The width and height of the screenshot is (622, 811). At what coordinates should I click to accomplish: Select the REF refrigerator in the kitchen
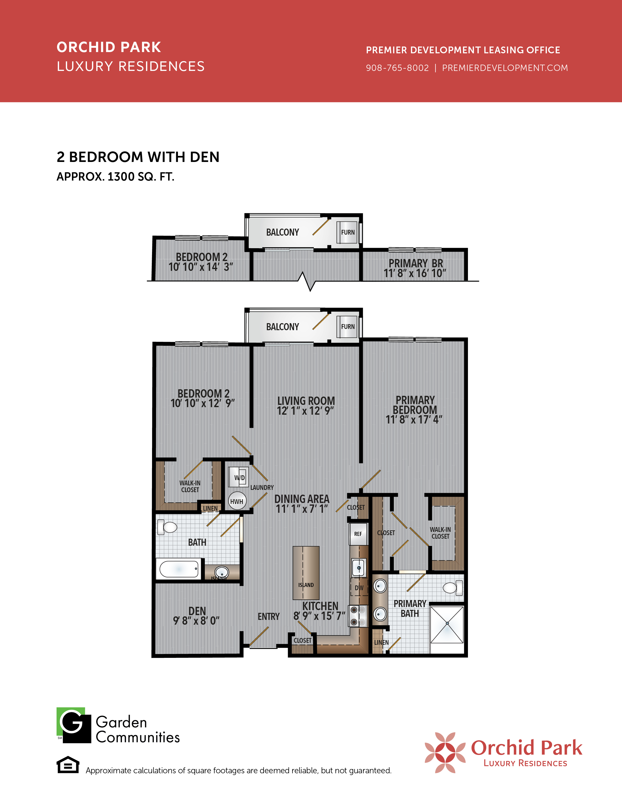(x=358, y=534)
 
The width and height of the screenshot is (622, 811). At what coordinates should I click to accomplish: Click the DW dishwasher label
(x=359, y=588)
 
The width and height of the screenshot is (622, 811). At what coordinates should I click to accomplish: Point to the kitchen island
(x=306, y=572)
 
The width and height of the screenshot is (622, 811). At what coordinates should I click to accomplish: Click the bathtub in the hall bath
(x=179, y=568)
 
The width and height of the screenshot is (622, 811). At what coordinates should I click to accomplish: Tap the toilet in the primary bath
(x=453, y=588)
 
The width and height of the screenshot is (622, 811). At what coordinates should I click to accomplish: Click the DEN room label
(x=197, y=611)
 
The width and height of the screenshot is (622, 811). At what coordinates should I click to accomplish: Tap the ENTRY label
(x=269, y=617)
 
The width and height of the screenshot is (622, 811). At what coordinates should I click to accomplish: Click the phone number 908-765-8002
(x=397, y=68)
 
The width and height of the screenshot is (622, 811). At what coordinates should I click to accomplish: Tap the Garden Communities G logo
(x=74, y=725)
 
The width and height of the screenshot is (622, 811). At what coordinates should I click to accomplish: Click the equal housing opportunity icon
(x=68, y=765)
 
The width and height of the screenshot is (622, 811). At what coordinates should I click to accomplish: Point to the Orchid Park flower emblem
(x=445, y=752)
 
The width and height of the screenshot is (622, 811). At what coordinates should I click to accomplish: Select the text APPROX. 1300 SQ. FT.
(x=115, y=177)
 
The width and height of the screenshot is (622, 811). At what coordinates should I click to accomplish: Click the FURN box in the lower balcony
(x=348, y=326)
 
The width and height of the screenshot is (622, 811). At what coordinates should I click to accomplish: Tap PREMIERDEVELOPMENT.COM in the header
(x=505, y=68)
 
